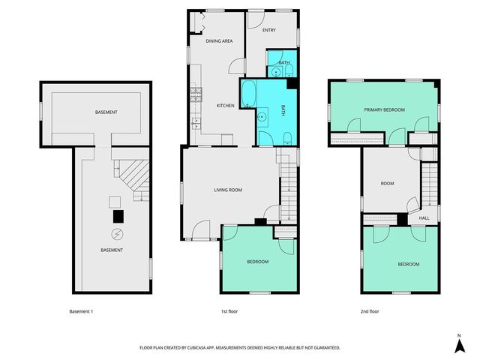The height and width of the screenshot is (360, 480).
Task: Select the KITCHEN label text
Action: coord(226,106)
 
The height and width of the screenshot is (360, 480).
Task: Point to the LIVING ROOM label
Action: coord(226,190)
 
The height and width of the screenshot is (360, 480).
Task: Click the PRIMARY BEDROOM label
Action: coord(384,109)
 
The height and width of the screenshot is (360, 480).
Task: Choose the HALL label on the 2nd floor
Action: coord(424,218)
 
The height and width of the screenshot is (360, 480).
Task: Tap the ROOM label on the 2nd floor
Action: coord(387,183)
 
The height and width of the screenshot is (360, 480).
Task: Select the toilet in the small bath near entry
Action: coord(288,72)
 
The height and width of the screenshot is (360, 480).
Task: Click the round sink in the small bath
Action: coord(275,72)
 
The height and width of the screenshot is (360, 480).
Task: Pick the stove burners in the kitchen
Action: coord(196,94)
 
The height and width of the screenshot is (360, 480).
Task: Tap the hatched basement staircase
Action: coord(130,179)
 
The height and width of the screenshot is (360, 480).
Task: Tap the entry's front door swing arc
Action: coord(256,20)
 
